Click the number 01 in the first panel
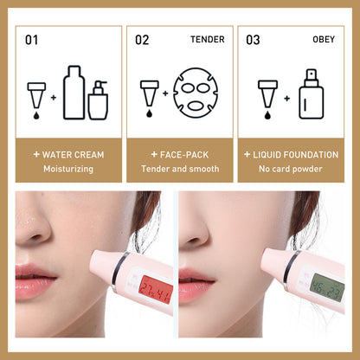(x=31, y=40)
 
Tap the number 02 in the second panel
(x=142, y=40)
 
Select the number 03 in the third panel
(x=253, y=40)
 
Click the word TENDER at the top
(x=208, y=39)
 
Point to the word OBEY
(x=324, y=39)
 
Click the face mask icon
(x=196, y=93)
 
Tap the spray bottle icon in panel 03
(x=312, y=94)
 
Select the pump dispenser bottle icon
(x=99, y=100)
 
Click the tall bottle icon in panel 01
(x=74, y=93)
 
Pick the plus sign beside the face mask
(x=165, y=93)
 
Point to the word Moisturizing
(x=68, y=169)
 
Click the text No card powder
(x=291, y=169)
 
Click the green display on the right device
(x=328, y=287)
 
